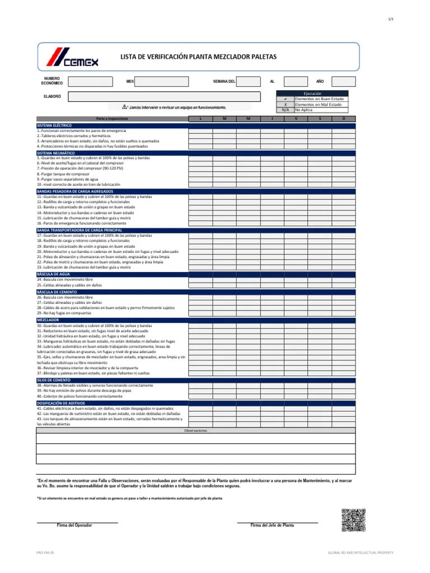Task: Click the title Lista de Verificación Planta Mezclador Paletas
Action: [198, 57]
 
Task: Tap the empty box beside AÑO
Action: [343, 82]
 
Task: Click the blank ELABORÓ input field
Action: [164, 97]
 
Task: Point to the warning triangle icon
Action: [125, 106]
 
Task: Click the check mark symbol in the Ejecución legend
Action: [285, 99]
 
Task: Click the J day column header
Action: [272, 119]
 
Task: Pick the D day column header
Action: [344, 119]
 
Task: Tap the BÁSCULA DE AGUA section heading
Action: [53, 274]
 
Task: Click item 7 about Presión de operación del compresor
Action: [81, 168]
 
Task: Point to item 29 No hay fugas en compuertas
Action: [64, 313]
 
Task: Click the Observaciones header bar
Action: [195, 431]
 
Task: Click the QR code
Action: [353, 520]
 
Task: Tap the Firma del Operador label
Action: [74, 525]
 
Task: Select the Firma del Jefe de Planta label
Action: [272, 525]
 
